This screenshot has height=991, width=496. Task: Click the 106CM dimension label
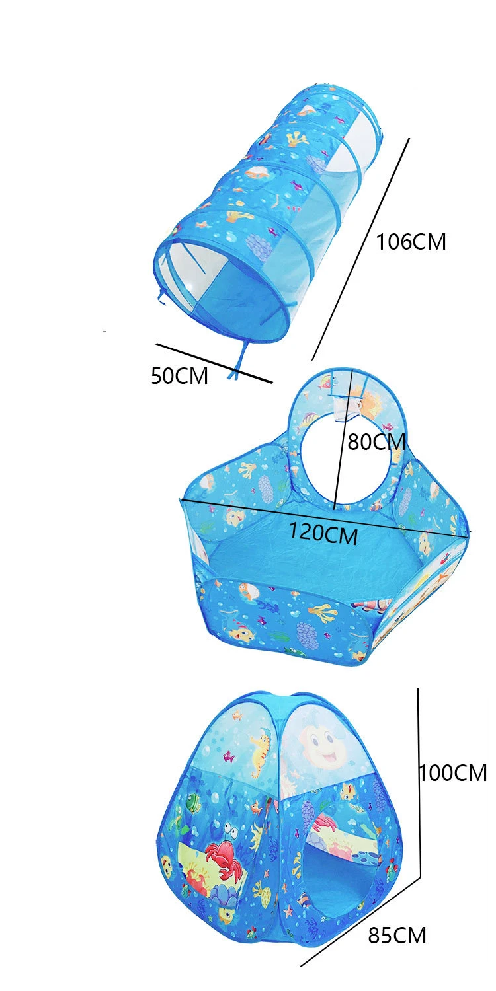click(411, 242)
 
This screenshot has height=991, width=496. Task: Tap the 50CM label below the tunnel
click(179, 376)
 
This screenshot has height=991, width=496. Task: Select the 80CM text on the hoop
click(376, 441)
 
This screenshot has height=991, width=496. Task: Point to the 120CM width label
click(323, 532)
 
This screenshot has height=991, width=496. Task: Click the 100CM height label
click(453, 772)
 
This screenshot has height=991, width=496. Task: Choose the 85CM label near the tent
click(397, 936)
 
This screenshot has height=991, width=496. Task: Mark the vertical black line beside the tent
click(419, 780)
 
